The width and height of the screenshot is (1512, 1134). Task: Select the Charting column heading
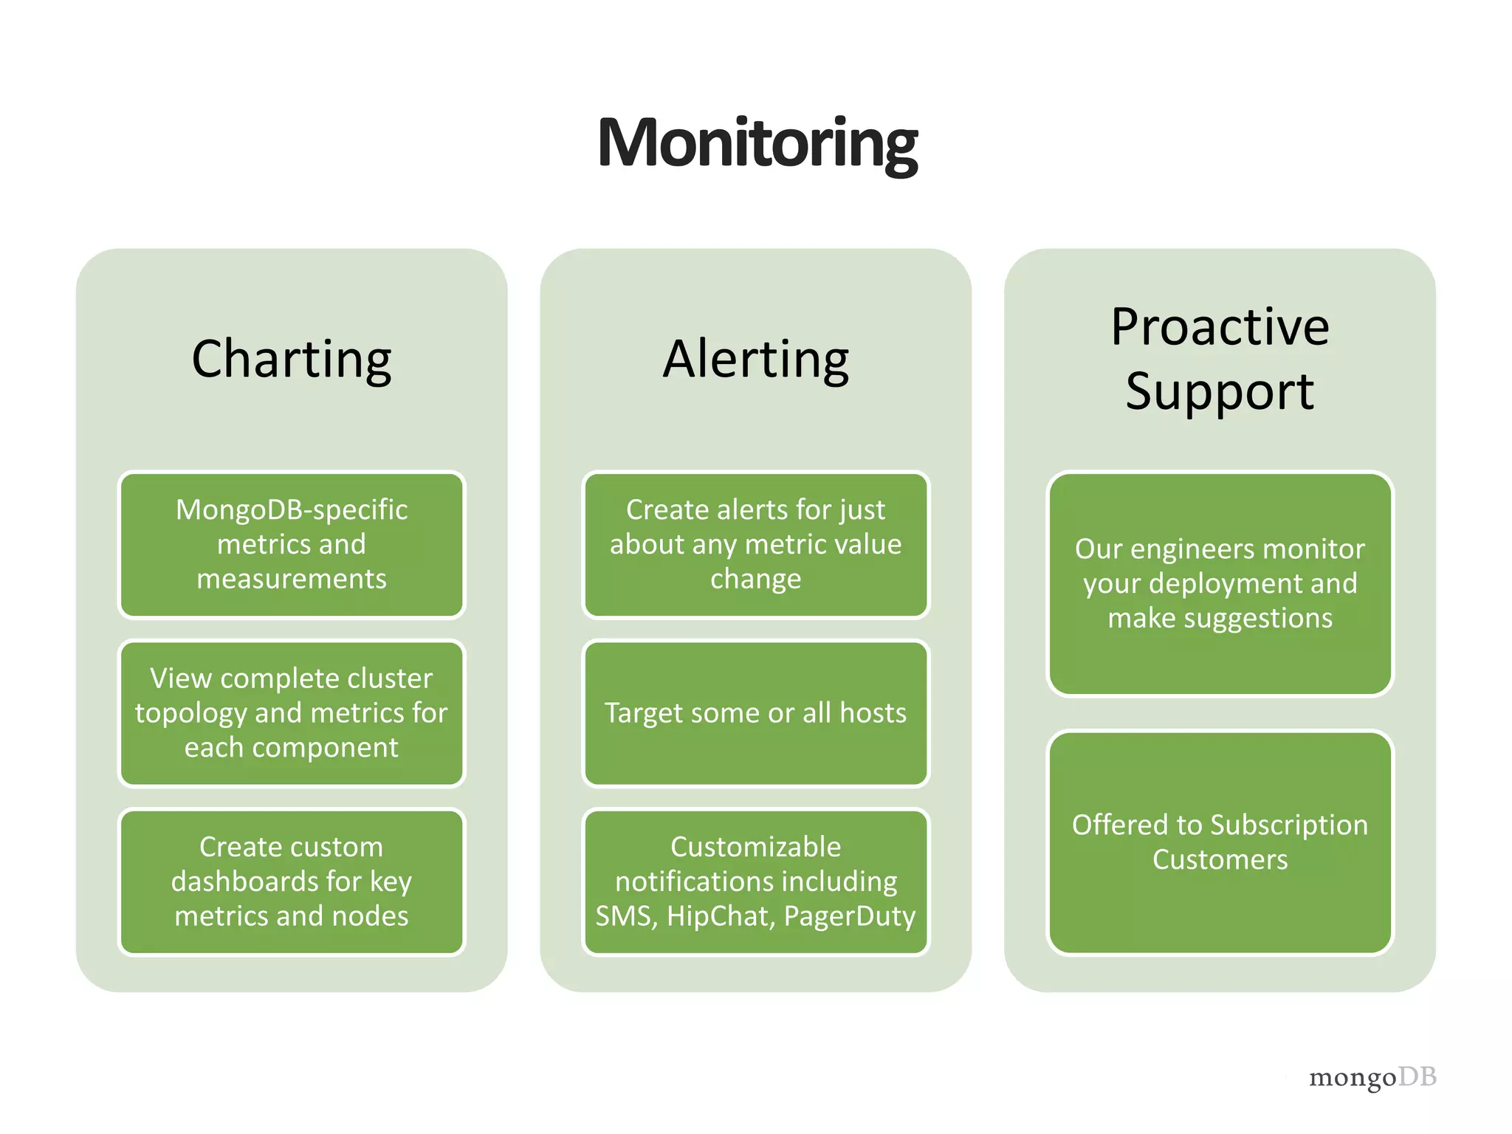292,360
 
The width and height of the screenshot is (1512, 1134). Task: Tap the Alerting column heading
755,360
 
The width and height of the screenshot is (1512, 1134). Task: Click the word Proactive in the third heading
1220,327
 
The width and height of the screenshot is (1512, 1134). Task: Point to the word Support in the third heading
1220,391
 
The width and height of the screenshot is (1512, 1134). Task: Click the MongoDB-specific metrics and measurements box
292,544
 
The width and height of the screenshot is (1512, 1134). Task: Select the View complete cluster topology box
292,712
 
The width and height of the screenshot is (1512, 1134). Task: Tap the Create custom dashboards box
292,881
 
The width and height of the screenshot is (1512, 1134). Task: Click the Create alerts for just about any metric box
755,544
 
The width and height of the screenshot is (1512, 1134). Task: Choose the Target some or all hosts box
755,712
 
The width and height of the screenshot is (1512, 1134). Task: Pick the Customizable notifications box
755,881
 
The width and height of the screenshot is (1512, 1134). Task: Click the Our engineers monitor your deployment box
1220,583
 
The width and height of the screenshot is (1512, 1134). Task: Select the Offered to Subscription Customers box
1220,842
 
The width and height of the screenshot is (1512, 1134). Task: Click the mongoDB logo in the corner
1372,1077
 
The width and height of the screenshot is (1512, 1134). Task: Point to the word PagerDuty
849,916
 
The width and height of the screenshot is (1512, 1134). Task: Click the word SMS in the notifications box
625,916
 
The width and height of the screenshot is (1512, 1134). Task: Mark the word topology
190,713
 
